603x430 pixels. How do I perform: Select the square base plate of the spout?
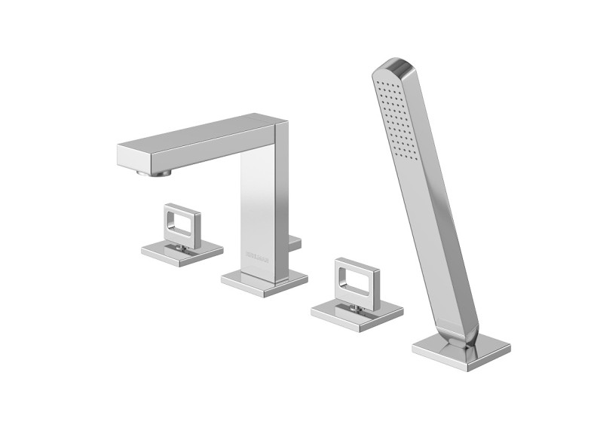[264, 283]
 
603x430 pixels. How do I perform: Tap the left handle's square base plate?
[182, 253]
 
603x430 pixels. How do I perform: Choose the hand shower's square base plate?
[461, 350]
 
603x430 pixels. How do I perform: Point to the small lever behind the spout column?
[295, 242]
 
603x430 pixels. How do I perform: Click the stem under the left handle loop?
[179, 246]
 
